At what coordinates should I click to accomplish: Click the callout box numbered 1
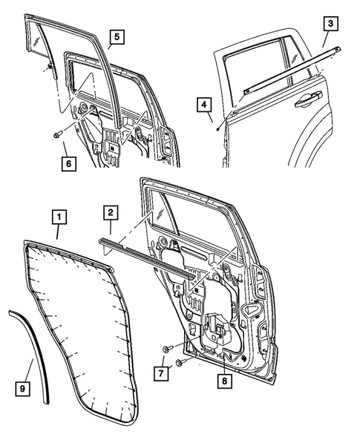pos(59,217)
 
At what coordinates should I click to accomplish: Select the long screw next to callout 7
pos(180,363)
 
